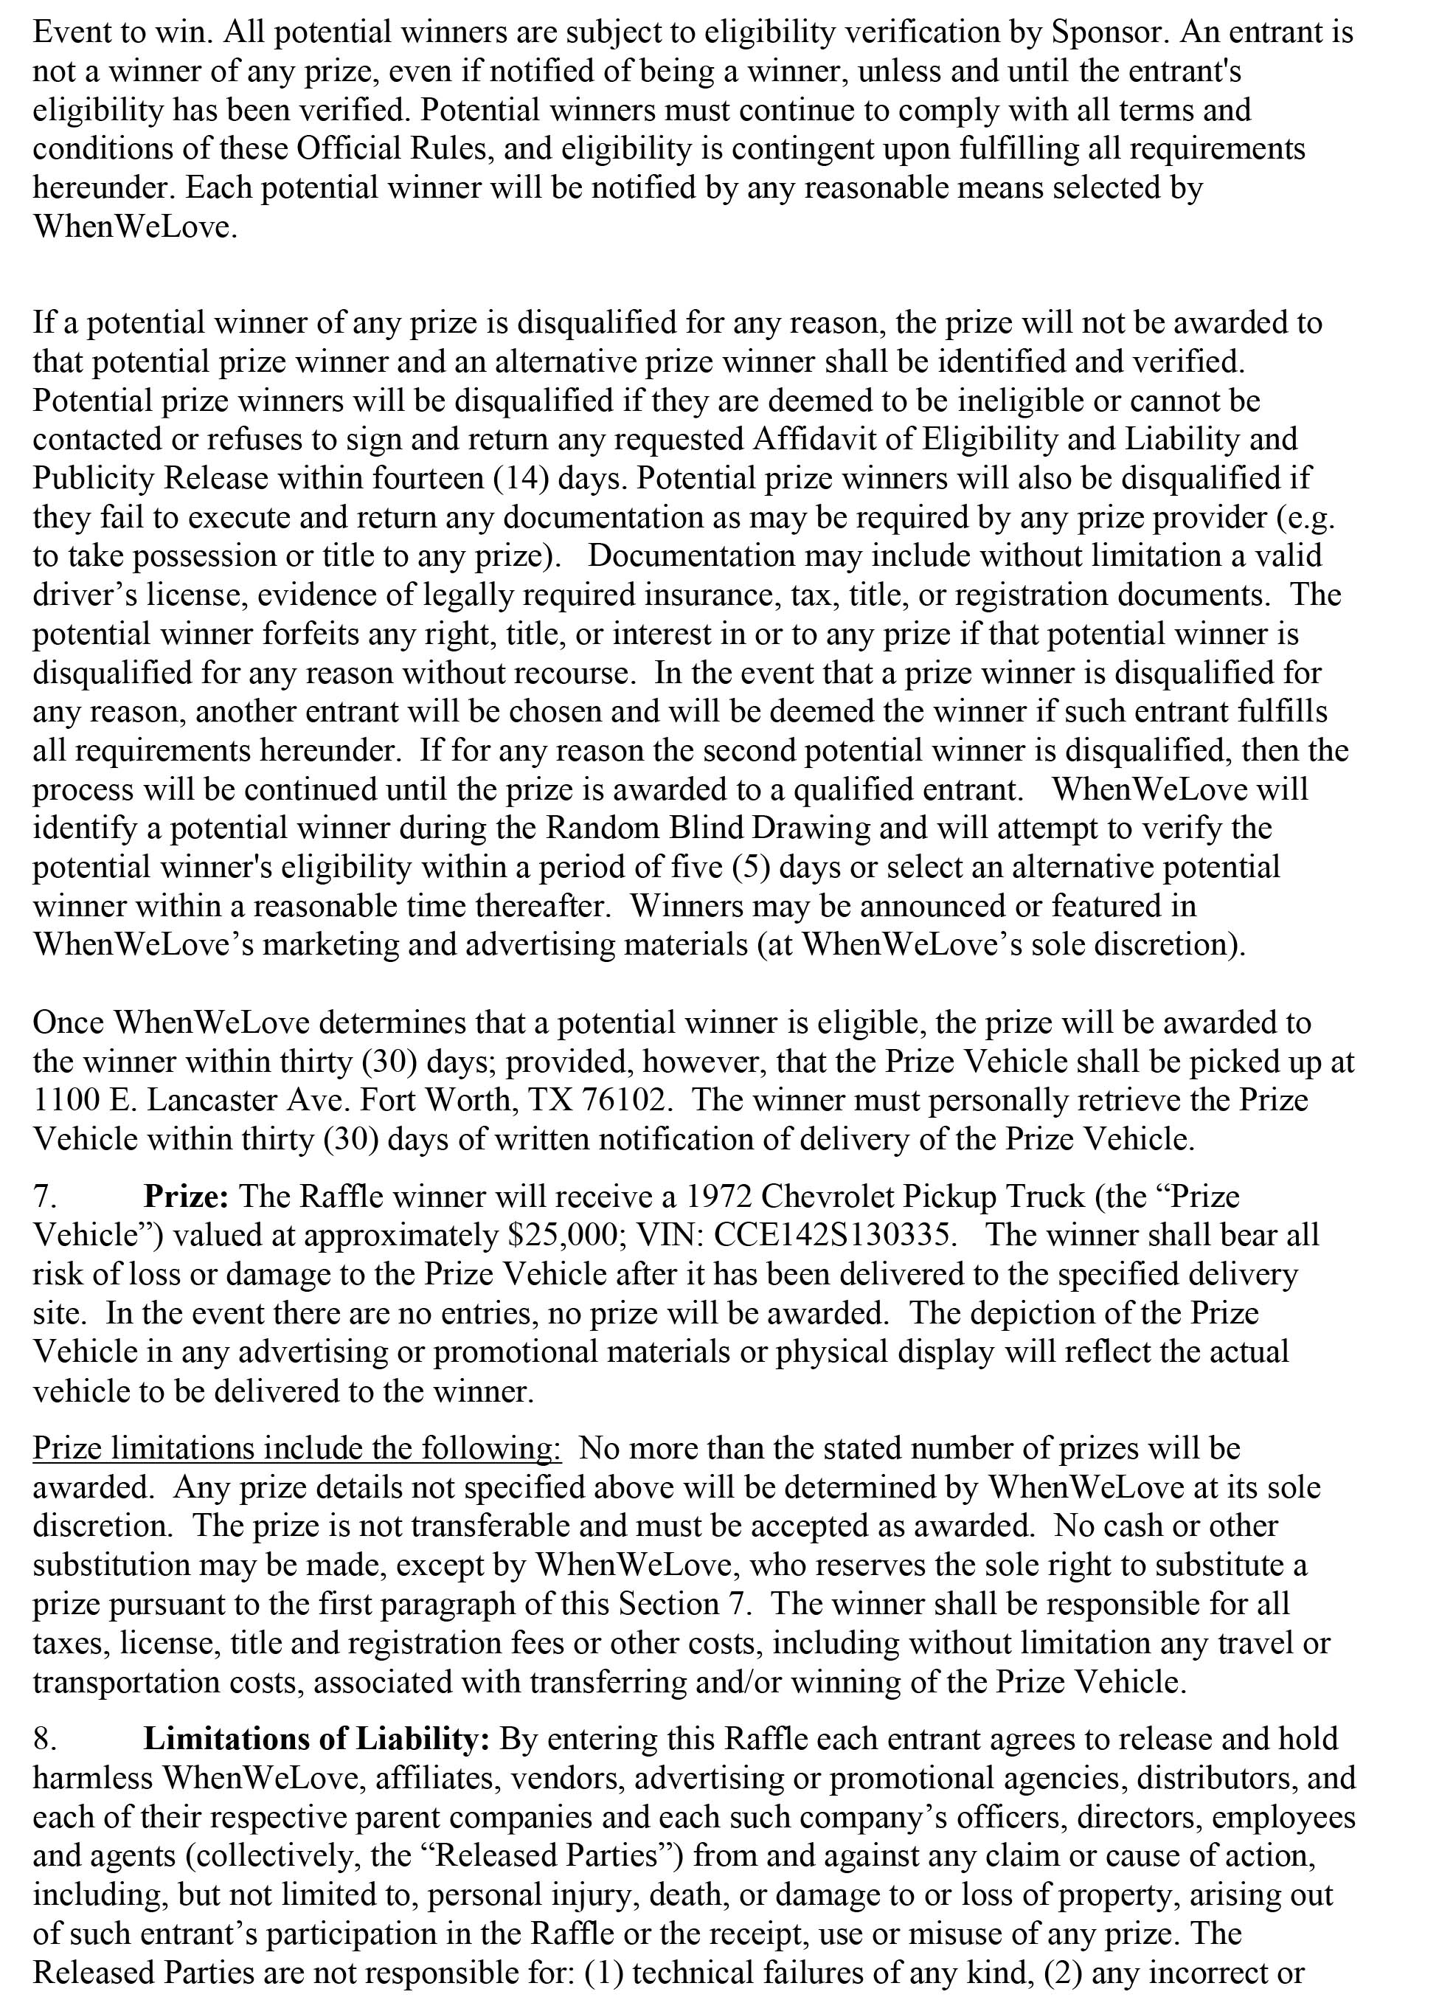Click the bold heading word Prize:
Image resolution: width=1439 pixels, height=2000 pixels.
click(x=186, y=1197)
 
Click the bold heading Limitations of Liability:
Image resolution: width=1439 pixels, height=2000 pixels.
click(x=316, y=1738)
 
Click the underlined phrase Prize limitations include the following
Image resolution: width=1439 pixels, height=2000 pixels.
click(x=297, y=1448)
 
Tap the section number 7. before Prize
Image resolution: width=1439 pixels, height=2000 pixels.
click(x=45, y=1197)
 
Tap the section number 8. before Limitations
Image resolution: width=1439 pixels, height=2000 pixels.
click(x=45, y=1738)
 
